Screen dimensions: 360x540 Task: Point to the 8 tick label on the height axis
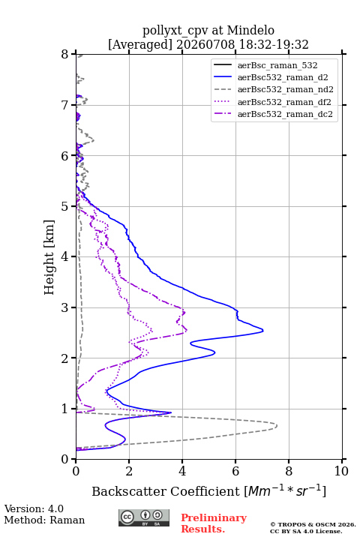pos(65,54)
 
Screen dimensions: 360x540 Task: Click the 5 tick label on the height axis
pos(65,206)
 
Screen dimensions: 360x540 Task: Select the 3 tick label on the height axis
pos(65,307)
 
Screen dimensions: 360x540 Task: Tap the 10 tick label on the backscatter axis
pos(341,471)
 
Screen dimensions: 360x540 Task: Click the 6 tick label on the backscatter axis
pos(235,471)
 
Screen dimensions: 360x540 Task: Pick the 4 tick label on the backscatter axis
pos(182,471)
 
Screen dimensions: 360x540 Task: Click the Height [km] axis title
pos(49,257)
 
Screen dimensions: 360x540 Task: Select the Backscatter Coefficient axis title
pos(208,491)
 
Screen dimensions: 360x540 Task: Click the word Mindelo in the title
pos(250,30)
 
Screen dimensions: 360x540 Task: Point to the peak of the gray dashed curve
pos(277,426)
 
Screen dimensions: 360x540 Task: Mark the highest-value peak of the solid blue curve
pos(262,331)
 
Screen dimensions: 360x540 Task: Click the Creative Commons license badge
pos(144,517)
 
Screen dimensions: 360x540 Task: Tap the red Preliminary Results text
pos(214,523)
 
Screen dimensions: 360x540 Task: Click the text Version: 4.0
pos(34,509)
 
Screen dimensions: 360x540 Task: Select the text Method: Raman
pos(44,520)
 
